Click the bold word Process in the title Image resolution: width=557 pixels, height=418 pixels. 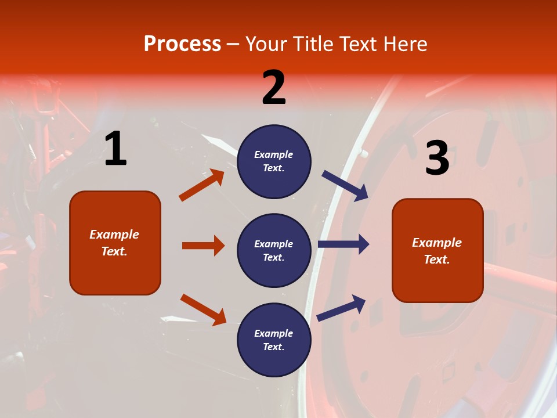182,44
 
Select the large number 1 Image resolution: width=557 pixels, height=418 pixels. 115,149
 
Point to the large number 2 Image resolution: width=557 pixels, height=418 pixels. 274,88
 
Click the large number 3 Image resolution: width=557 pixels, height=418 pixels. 437,158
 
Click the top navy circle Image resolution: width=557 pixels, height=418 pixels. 274,161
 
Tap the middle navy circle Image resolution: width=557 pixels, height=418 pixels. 274,250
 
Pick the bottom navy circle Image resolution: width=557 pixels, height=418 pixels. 274,340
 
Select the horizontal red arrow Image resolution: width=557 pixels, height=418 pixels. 203,246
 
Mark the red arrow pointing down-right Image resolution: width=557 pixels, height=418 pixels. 203,309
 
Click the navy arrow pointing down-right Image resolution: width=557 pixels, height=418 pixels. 345,186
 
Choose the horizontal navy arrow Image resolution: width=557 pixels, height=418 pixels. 343,244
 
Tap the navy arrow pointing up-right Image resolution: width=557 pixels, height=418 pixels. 342,308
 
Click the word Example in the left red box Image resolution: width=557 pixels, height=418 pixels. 114,235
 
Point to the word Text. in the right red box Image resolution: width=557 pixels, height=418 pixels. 437,260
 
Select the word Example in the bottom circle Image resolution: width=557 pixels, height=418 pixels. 274,333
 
